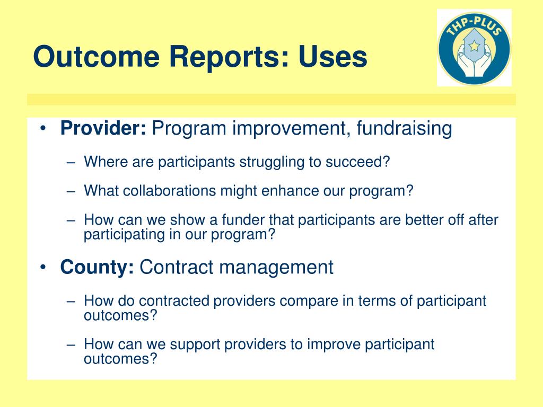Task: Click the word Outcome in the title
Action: tap(97, 56)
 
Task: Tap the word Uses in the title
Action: tap(333, 56)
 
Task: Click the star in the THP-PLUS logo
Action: tap(474, 46)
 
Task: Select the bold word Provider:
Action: tap(103, 128)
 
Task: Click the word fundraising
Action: tap(404, 129)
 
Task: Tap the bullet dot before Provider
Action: tap(42, 128)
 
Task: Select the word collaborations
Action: tap(169, 191)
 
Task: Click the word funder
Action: tap(243, 220)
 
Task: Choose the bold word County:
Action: tap(97, 268)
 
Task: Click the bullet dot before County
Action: tap(42, 267)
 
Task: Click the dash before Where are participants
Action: tap(71, 163)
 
